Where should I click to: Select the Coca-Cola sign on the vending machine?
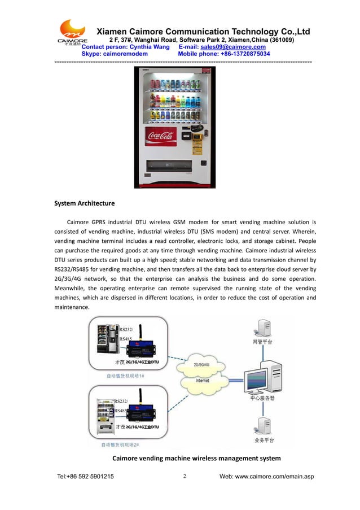pyautogui.click(x=160, y=136)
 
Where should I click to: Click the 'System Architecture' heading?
pyautogui.click(x=84, y=203)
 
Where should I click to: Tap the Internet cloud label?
pyautogui.click(x=202, y=380)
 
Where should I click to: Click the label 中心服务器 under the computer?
pyautogui.click(x=262, y=399)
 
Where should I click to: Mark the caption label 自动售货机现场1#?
pyautogui.click(x=125, y=375)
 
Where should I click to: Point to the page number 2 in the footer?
pyautogui.click(x=185, y=476)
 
